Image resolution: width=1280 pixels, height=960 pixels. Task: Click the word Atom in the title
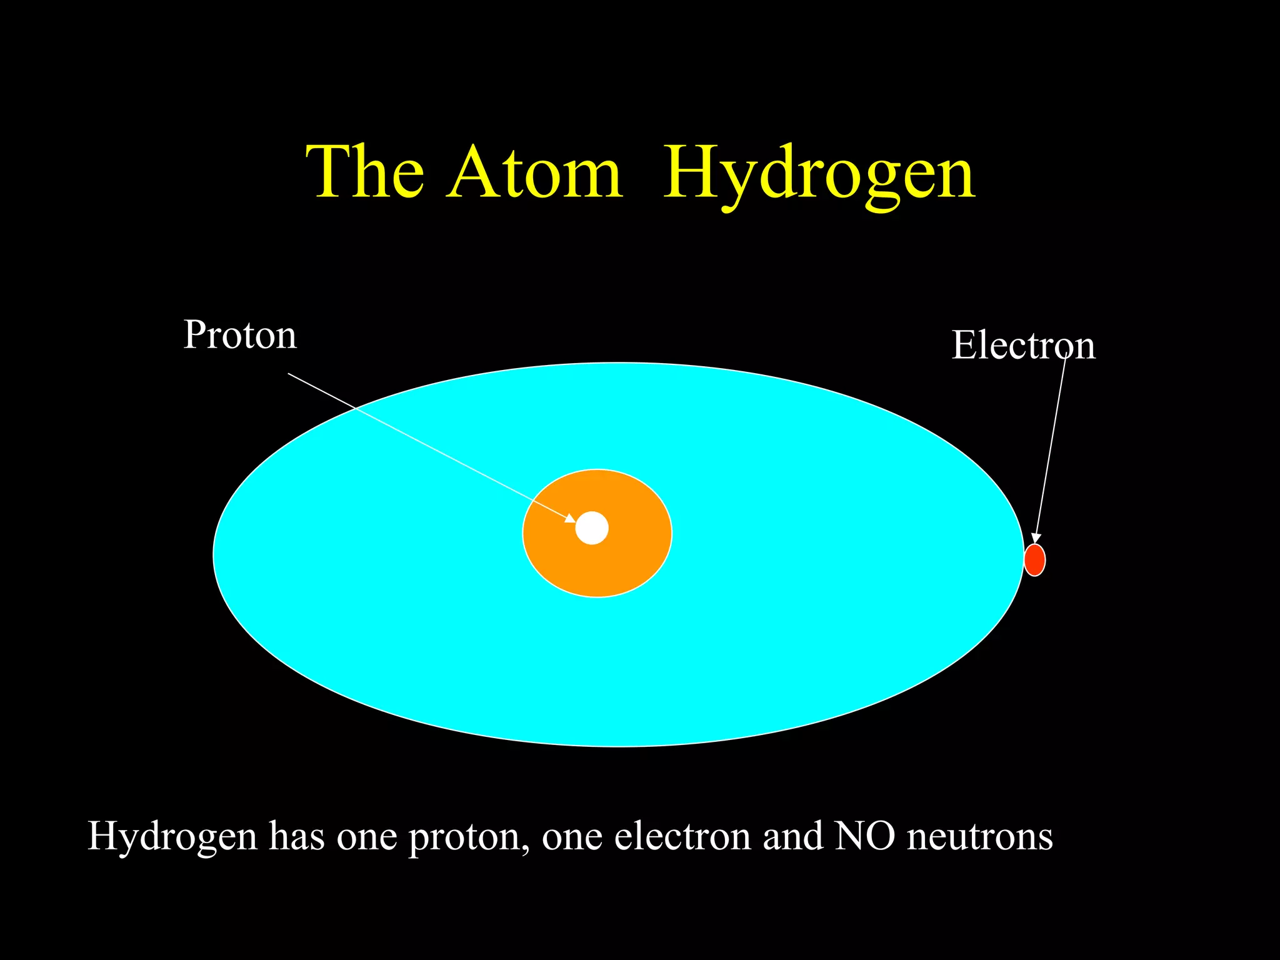click(534, 172)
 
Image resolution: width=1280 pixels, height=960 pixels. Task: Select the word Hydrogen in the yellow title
click(819, 174)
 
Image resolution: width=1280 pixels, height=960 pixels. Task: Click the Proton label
click(240, 335)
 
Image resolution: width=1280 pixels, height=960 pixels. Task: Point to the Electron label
click(1023, 345)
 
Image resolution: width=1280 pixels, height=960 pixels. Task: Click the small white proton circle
click(592, 528)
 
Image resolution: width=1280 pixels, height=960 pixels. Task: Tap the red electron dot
click(1034, 560)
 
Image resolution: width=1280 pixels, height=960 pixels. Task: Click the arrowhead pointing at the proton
click(570, 517)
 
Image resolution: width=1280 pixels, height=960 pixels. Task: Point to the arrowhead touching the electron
click(1036, 538)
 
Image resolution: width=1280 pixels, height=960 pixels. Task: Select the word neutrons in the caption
click(979, 837)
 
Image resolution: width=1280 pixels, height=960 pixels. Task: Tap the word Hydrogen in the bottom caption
click(172, 837)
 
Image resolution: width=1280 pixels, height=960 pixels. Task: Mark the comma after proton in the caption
click(525, 847)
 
